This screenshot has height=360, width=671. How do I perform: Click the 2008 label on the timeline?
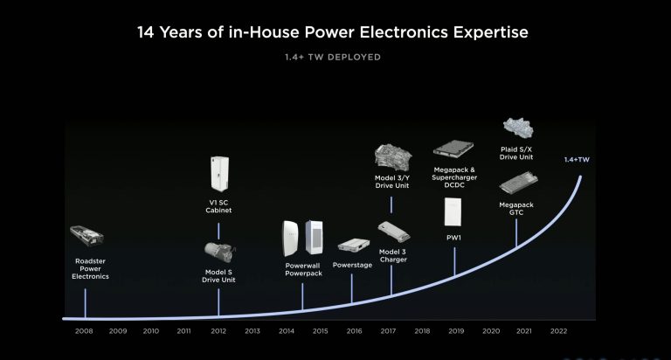[84, 331]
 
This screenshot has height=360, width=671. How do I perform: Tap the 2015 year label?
[320, 331]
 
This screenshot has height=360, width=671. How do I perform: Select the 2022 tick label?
[558, 331]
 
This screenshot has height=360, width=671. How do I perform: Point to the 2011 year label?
[183, 331]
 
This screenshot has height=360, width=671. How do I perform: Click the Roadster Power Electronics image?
[86, 236]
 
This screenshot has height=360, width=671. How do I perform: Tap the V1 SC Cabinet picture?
[219, 173]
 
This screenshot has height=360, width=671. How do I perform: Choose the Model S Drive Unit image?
[219, 252]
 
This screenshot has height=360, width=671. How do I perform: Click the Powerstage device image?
[354, 246]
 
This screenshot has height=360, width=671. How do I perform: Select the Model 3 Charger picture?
[394, 232]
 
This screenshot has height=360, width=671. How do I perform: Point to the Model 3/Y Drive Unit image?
[393, 157]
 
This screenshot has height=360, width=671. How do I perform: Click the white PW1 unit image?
[453, 211]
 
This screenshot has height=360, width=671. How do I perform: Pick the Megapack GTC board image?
[518, 183]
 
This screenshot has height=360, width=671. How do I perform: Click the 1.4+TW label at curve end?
[577, 160]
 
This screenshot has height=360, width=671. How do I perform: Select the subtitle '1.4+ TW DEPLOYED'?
[333, 57]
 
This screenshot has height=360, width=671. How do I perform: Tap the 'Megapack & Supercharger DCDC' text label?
[454, 177]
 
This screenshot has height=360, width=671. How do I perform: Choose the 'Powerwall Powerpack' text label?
[303, 269]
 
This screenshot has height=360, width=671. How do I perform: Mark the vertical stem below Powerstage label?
[352, 288]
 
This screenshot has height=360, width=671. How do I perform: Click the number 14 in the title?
[146, 32]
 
